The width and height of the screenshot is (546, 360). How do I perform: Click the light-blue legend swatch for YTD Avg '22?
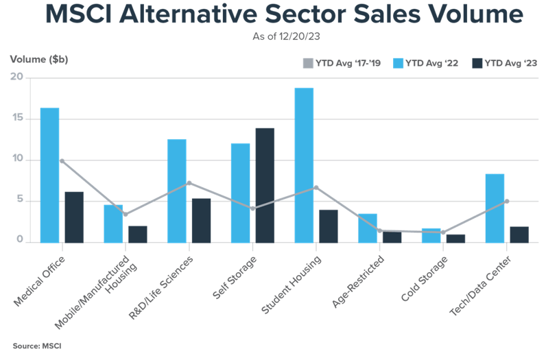[398, 64]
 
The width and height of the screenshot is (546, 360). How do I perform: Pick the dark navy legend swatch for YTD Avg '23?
[477, 64]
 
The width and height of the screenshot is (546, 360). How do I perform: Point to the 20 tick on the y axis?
[17, 77]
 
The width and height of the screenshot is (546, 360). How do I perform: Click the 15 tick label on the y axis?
[17, 119]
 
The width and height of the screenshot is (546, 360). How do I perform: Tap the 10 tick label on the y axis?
[17, 160]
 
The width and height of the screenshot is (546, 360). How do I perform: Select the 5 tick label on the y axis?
[20, 201]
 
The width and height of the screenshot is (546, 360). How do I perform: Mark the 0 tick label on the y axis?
[20, 241]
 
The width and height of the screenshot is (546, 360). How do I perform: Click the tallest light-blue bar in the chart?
[304, 165]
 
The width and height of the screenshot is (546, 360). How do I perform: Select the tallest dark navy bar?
[265, 185]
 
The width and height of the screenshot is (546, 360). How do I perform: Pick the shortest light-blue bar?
[431, 235]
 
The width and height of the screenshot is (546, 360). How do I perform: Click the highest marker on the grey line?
[62, 160]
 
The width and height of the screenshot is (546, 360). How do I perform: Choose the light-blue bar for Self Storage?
[240, 192]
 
